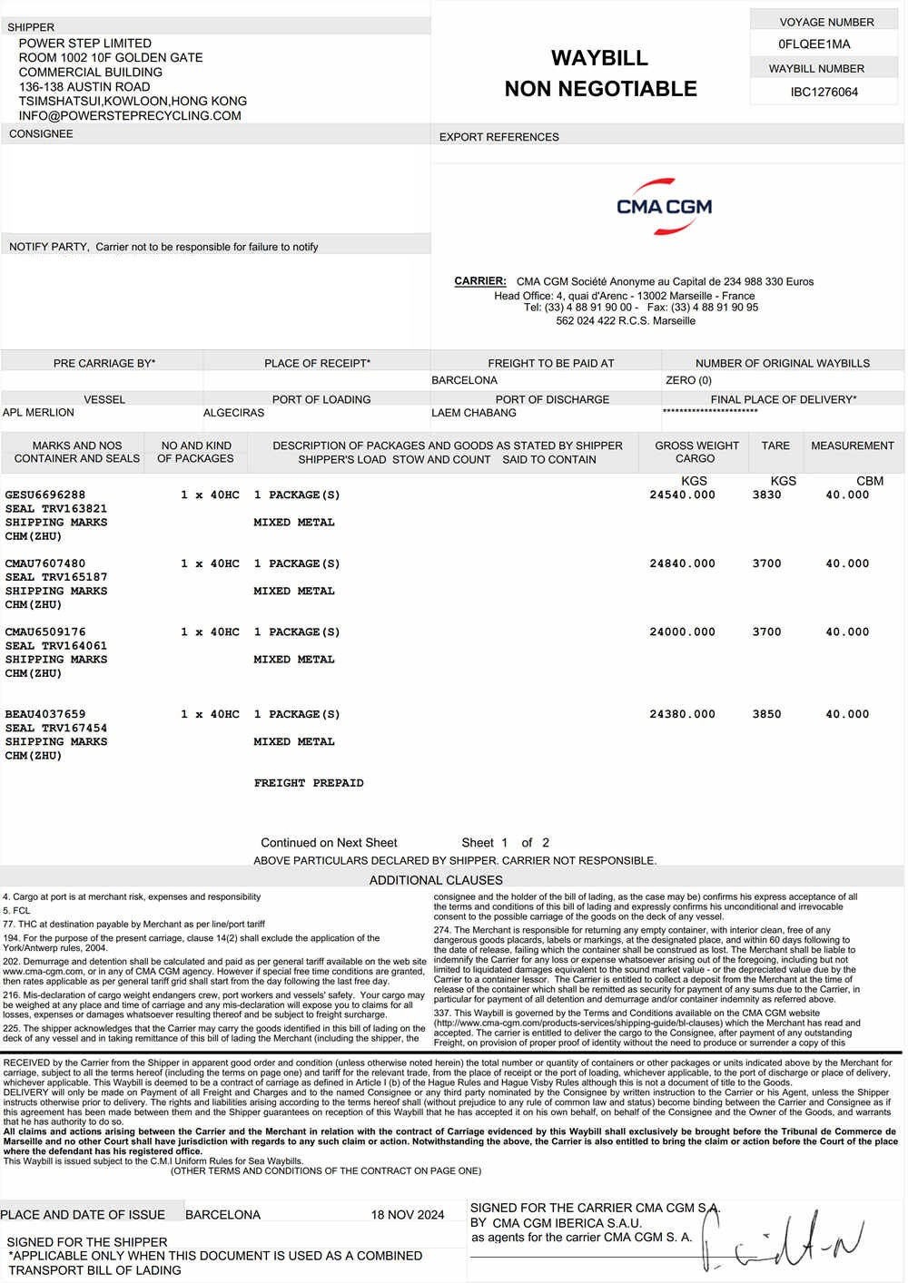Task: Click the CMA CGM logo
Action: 664,206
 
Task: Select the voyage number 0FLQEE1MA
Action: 814,44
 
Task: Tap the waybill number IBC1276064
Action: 824,92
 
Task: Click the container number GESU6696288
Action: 45,495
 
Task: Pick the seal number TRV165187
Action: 74,577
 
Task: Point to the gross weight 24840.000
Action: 682,563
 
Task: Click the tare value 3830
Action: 766,495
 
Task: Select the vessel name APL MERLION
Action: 38,413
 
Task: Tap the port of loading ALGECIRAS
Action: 233,413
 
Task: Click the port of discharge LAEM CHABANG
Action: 473,413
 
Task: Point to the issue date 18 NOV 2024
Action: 408,1215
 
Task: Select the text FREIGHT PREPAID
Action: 309,783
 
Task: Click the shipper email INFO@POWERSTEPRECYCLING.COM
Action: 130,116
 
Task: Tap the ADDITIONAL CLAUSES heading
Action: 436,880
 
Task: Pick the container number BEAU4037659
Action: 45,715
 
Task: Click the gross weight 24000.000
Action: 682,632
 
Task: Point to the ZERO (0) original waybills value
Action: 688,381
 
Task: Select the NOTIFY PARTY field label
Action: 49,247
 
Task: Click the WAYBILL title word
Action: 599,58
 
